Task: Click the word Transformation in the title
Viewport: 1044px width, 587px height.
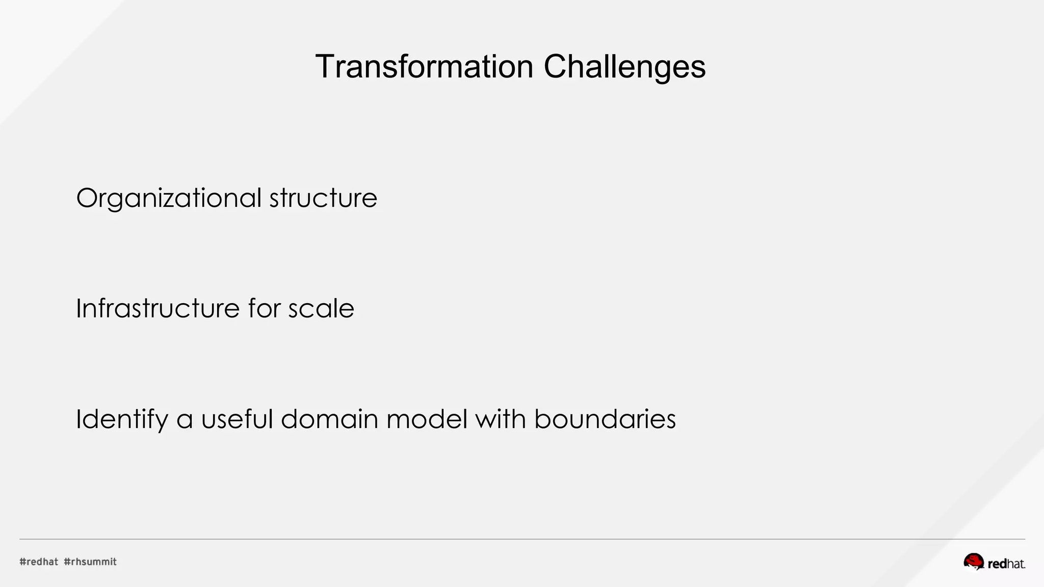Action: pos(424,67)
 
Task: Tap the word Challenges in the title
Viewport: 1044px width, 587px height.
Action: pos(624,67)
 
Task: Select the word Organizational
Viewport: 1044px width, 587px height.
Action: pos(169,198)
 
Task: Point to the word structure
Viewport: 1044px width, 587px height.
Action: pos(323,198)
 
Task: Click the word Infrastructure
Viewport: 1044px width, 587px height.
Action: pos(158,308)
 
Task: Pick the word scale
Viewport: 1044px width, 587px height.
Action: pos(321,308)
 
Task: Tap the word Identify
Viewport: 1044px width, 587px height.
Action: pos(122,419)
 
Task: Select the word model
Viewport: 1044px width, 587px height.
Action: pos(427,419)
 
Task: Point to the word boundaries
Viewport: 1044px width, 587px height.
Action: pos(605,419)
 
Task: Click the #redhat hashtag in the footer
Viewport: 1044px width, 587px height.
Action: pos(39,562)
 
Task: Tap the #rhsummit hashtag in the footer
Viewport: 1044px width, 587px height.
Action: pos(90,562)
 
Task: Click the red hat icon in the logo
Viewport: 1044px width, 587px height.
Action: pos(974,562)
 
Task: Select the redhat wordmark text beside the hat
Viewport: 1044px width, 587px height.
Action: pos(1006,564)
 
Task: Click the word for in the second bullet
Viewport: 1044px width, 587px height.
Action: pos(264,308)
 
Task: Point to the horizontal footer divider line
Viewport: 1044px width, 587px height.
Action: pos(522,539)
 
